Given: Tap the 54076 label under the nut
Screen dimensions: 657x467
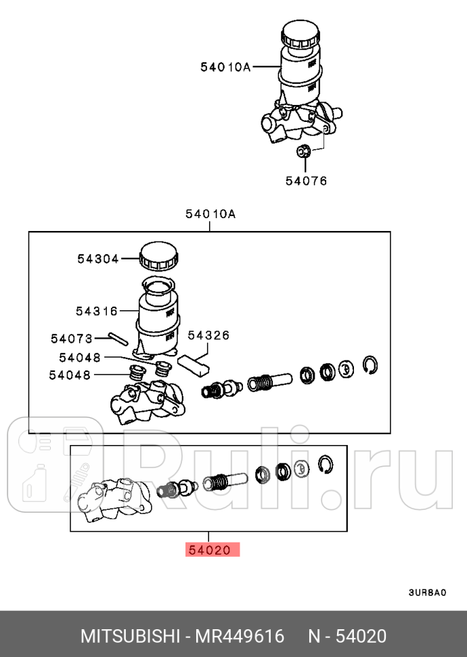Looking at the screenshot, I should tap(305, 181).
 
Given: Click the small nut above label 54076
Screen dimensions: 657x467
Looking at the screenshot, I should tap(304, 151).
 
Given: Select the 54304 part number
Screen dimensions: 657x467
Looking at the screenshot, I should tap(97, 258).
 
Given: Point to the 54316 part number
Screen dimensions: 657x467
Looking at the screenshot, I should tap(97, 311).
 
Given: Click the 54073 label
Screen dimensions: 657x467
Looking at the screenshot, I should tap(71, 337).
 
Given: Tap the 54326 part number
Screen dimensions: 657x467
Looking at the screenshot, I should tap(208, 335).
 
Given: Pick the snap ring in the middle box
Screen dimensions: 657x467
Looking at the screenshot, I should tap(370, 364).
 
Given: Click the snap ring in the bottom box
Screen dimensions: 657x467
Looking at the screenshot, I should tap(326, 463).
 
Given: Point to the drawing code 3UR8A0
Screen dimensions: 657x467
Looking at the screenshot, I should tap(427, 593).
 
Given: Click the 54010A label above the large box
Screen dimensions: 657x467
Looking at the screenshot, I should tap(210, 215).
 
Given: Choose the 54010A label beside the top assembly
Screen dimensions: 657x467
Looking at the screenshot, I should tap(225, 66).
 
